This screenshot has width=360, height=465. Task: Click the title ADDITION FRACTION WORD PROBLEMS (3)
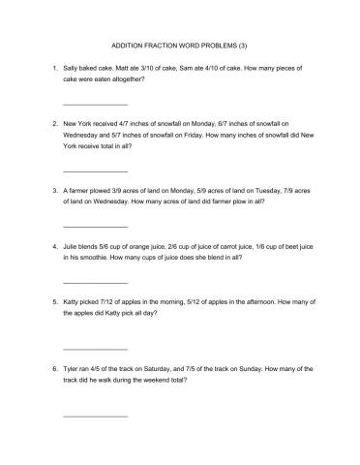(179, 45)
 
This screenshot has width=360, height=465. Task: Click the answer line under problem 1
(94, 104)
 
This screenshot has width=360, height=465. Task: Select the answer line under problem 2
(94, 170)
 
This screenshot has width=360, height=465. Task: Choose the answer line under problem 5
(94, 348)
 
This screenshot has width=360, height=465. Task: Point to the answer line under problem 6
(94, 416)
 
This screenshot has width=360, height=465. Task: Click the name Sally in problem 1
(71, 69)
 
